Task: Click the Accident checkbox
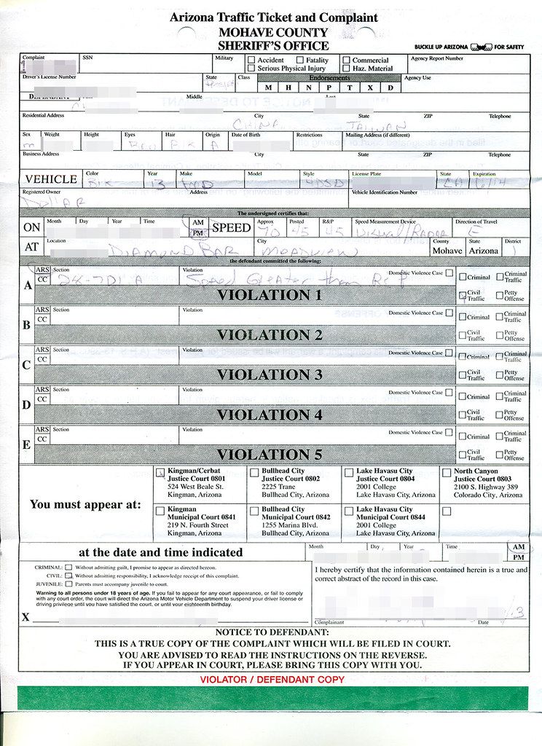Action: pos(251,60)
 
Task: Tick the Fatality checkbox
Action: pos(299,60)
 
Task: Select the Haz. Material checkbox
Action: pos(346,68)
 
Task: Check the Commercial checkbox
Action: pos(346,60)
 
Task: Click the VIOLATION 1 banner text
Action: pos(269,295)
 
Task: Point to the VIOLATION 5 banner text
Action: pos(269,455)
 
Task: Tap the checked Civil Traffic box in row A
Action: pos(462,296)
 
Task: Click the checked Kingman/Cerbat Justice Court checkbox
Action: pos(160,473)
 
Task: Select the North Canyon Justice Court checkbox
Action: pos(446,473)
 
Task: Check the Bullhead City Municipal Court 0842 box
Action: pos(254,511)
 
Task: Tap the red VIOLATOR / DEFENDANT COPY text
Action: pos(272,680)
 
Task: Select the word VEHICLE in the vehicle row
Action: pos(51,179)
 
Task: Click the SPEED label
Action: pos(231,227)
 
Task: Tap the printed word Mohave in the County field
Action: pos(447,251)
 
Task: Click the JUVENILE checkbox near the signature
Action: pos(68,584)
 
